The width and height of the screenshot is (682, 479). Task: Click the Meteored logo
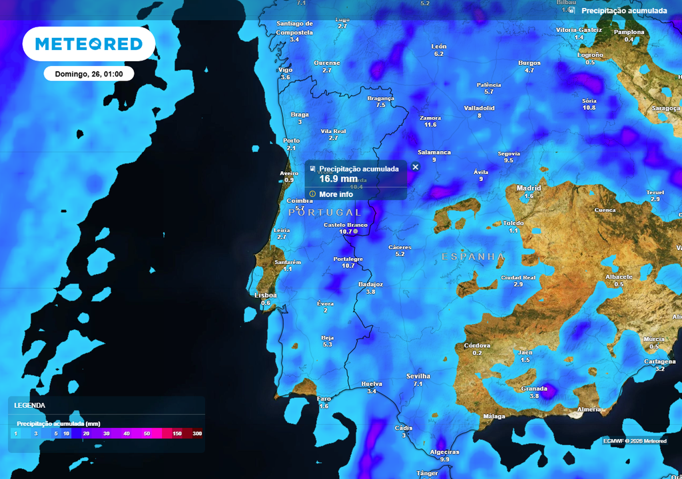(x=89, y=44)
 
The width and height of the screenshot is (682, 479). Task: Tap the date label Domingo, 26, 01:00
(x=89, y=74)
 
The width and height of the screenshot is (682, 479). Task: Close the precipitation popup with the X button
(x=416, y=167)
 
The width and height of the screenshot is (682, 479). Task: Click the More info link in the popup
(x=336, y=194)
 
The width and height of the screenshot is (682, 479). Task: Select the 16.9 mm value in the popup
(x=338, y=179)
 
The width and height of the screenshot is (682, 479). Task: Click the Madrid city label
(x=529, y=188)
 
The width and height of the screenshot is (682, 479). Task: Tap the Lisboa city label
(x=266, y=295)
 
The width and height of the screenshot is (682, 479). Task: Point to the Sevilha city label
(x=418, y=376)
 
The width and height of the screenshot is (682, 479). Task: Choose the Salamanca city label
(x=434, y=152)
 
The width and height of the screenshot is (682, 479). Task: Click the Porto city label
(x=291, y=140)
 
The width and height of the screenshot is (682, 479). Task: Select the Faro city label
(x=324, y=399)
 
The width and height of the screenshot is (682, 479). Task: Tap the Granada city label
(x=534, y=389)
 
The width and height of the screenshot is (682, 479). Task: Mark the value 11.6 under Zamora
(x=430, y=125)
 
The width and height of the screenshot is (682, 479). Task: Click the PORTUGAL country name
(x=325, y=212)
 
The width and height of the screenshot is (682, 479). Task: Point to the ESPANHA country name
(x=474, y=257)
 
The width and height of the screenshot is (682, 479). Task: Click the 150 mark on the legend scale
(x=177, y=434)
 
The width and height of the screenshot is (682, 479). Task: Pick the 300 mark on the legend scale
(x=197, y=434)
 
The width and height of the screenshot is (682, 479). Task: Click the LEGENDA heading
(x=30, y=405)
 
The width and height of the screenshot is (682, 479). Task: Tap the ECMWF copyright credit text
(x=635, y=441)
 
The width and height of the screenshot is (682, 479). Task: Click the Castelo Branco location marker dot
(x=356, y=232)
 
